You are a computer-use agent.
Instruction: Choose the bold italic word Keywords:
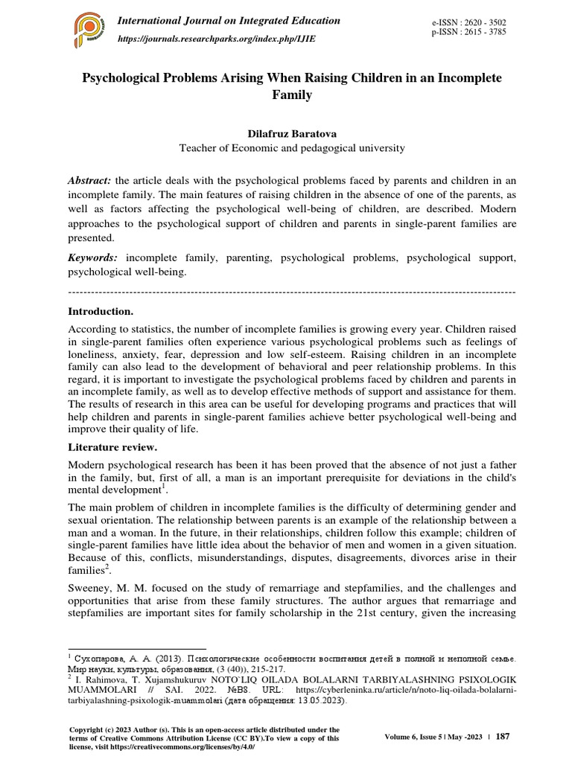93,257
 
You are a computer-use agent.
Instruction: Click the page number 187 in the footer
503,737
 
